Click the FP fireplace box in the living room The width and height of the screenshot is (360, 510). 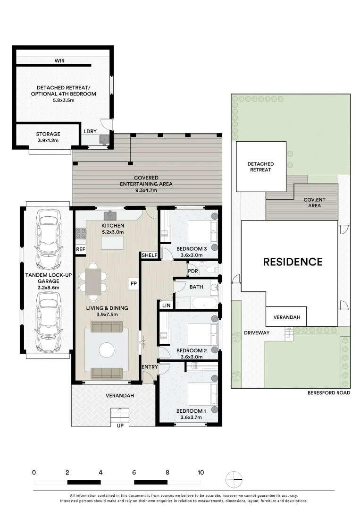134,283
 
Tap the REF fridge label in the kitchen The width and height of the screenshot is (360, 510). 81,249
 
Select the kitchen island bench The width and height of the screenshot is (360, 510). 112,243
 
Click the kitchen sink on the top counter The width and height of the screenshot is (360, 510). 110,215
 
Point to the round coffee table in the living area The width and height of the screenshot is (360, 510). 107,350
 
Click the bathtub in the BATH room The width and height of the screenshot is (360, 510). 204,303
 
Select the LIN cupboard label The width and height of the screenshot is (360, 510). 166,306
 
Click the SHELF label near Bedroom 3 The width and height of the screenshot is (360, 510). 150,255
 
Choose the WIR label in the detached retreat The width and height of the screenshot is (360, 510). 59,61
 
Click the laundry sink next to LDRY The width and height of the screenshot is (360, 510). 104,139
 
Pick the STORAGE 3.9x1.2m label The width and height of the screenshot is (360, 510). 48,137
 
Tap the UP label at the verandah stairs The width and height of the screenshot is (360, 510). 120,425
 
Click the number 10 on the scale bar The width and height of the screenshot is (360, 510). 201,472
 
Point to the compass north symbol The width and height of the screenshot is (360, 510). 234,479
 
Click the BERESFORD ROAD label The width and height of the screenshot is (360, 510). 329,392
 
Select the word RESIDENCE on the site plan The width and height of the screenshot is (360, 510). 293,262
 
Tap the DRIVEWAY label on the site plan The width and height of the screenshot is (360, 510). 257,333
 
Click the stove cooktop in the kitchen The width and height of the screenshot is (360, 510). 81,233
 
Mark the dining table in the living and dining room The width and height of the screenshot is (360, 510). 93,282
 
